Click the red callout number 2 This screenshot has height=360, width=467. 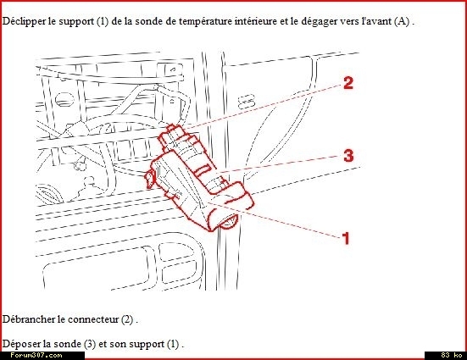point(348,83)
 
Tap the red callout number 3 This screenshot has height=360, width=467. point(348,155)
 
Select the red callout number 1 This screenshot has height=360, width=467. point(346,238)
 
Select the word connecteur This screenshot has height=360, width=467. point(93,319)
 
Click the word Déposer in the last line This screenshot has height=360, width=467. point(21,344)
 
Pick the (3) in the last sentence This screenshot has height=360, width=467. point(90,344)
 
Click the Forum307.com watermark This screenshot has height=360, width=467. point(36,355)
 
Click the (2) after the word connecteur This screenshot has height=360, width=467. point(127,319)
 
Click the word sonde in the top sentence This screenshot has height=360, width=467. point(147,21)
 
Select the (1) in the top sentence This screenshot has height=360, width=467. point(103,21)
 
